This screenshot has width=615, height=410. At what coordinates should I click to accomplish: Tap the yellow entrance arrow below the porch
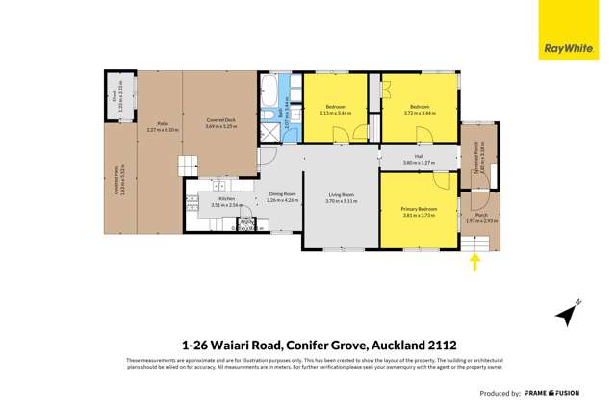[474, 262]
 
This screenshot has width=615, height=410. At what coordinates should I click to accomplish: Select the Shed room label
[113, 95]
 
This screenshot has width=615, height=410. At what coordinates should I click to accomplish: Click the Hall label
[419, 157]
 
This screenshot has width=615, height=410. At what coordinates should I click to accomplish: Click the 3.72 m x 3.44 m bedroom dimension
[420, 113]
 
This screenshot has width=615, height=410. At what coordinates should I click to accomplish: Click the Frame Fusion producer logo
[552, 393]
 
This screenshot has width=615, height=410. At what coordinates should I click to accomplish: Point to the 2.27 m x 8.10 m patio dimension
[163, 130]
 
